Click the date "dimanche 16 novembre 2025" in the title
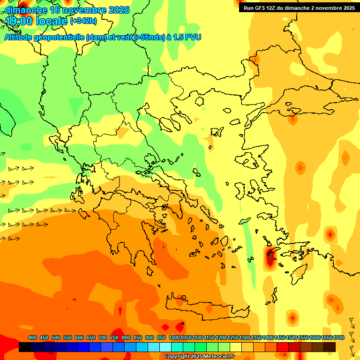[x=67, y=10]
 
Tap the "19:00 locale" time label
[x=36, y=21]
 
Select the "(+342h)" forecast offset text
[x=83, y=21]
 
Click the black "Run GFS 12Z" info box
[x=299, y=8]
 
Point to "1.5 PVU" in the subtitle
[x=187, y=37]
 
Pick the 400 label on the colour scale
[x=32, y=338]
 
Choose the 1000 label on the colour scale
[x=174, y=338]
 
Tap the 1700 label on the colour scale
[x=339, y=338]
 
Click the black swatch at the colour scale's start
[x=25, y=347]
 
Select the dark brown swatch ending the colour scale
[x=330, y=347]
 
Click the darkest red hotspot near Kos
[x=270, y=257]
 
